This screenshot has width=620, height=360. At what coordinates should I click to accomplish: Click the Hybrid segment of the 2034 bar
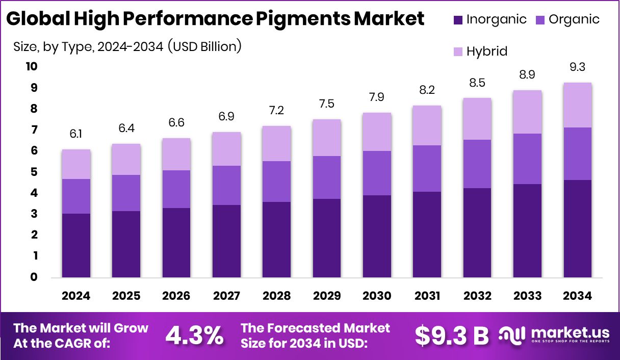point(577,105)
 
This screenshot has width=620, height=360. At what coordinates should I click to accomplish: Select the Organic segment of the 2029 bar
point(326,177)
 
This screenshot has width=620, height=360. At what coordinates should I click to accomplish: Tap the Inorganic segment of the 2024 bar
point(75,245)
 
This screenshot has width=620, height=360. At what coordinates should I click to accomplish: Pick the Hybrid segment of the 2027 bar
point(226,149)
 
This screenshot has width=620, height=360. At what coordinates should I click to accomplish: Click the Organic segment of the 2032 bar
point(477,164)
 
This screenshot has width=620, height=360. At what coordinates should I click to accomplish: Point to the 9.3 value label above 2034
point(577,67)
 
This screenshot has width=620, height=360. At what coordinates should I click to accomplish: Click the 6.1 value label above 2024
point(75,134)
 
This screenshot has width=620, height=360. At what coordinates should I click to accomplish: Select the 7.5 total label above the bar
point(326,104)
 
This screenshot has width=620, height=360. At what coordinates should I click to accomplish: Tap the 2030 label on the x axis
point(377,296)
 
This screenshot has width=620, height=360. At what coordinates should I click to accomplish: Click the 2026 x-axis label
point(176,296)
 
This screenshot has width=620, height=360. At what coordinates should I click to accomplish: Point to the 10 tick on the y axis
point(31,67)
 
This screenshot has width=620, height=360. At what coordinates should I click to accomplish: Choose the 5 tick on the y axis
point(34,172)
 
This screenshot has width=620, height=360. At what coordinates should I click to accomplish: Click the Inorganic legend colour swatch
point(457,20)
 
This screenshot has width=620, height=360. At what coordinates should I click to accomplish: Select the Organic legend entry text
point(574,20)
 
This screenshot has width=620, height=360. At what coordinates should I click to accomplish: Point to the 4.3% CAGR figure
point(195,335)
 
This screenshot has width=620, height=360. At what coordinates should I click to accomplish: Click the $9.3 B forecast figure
point(452,335)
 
